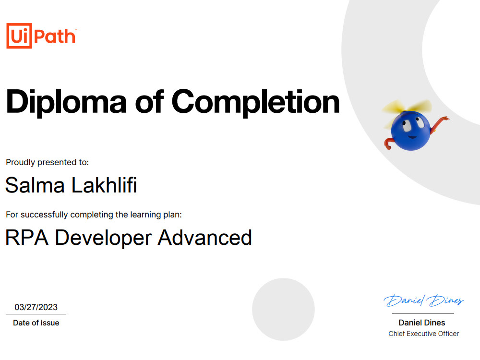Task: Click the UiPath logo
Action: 41,36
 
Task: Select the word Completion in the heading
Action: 255,102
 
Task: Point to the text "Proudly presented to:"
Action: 47,162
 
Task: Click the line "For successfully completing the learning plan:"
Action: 94,215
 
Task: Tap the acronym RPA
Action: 27,238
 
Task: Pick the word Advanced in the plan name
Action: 205,238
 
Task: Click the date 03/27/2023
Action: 36,307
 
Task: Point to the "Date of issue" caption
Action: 36,323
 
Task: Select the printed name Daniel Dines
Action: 422,323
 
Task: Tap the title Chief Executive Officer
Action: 423,334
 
